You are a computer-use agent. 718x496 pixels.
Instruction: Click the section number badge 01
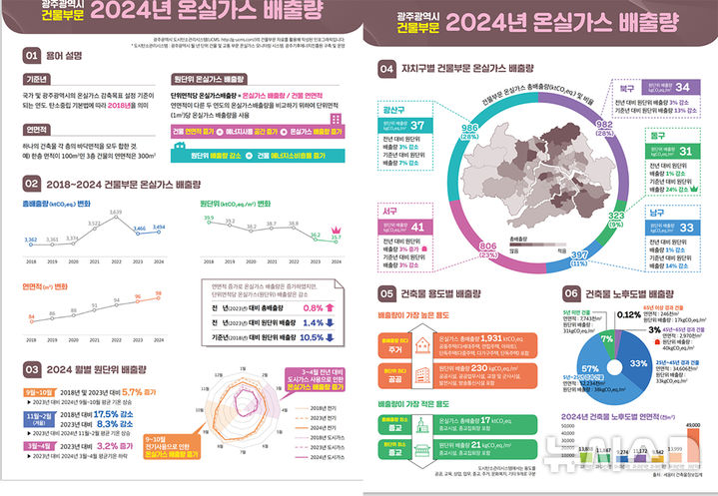pyautogui.click(x=32, y=56)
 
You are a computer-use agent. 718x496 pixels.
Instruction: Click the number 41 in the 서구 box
pyautogui.click(x=418, y=227)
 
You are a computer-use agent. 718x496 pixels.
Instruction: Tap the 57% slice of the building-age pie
pyautogui.click(x=595, y=369)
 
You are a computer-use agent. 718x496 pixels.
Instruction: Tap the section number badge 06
pyautogui.click(x=571, y=293)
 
